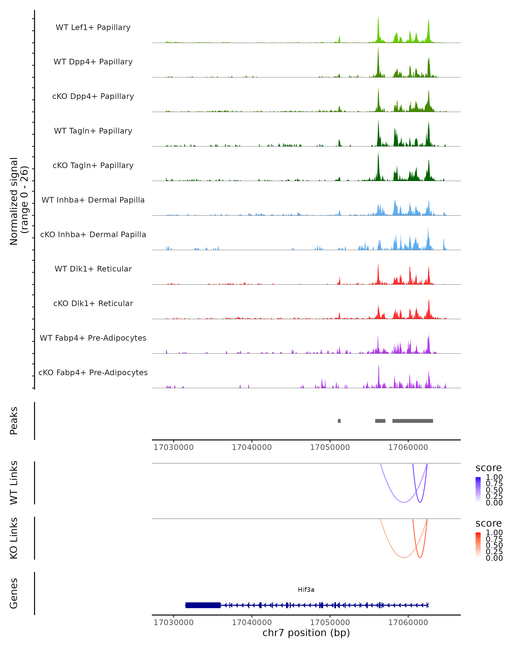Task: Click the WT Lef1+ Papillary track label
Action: pyautogui.click(x=93, y=27)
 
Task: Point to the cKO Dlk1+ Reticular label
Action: pyautogui.click(x=93, y=303)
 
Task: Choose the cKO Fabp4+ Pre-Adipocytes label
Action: pyautogui.click(x=93, y=372)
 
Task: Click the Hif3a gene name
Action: pyautogui.click(x=306, y=589)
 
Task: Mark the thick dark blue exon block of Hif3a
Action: pyautogui.click(x=203, y=605)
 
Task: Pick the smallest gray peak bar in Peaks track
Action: pyautogui.click(x=339, y=421)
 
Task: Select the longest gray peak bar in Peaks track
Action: pyautogui.click(x=413, y=421)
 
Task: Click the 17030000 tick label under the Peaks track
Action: pyautogui.click(x=174, y=447)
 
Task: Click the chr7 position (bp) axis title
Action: pyautogui.click(x=306, y=633)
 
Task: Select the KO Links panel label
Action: pyautogui.click(x=14, y=538)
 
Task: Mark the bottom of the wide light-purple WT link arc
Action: pyautogui.click(x=404, y=502)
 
